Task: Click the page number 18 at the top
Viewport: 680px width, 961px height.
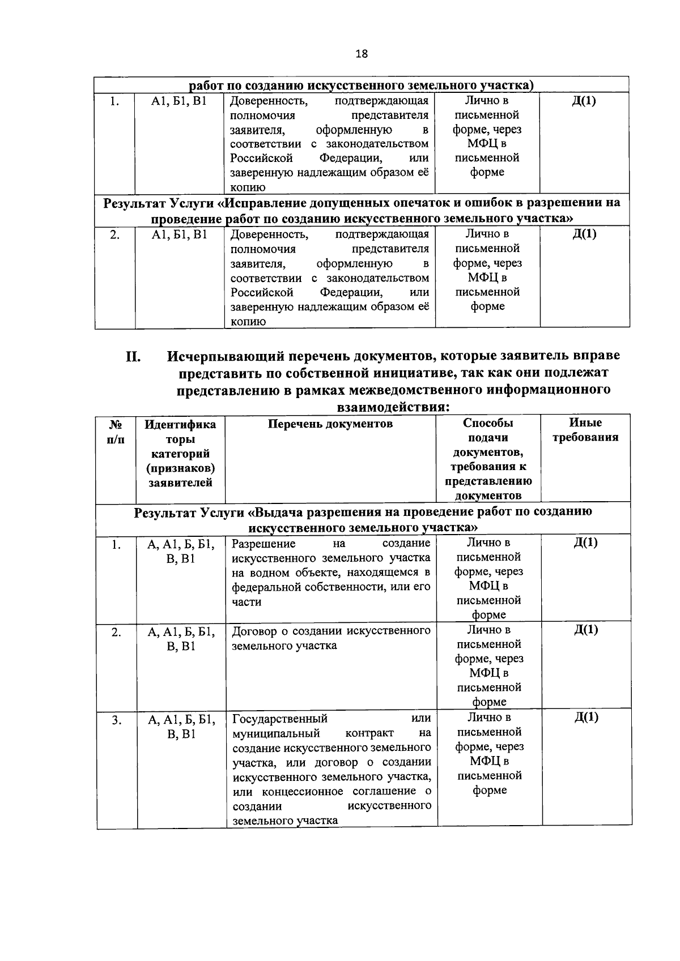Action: [361, 54]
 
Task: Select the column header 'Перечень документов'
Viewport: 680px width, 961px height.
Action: [330, 424]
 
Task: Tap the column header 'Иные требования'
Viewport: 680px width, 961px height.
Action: [585, 430]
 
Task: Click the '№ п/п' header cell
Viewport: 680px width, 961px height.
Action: [116, 431]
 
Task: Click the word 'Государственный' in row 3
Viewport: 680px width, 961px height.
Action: [280, 719]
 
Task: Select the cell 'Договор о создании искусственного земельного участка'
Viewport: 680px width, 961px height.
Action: [331, 638]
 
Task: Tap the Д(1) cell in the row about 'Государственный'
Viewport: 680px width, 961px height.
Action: [586, 717]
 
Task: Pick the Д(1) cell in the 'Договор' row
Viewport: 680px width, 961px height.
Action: [586, 630]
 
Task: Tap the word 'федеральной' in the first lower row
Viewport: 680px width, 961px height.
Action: [265, 587]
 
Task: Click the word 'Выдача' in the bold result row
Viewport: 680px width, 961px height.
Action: [282, 512]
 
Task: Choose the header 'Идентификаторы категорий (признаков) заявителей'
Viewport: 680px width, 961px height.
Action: [181, 453]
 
